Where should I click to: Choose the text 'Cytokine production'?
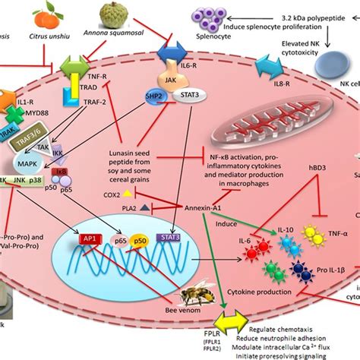coord(259,291)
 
